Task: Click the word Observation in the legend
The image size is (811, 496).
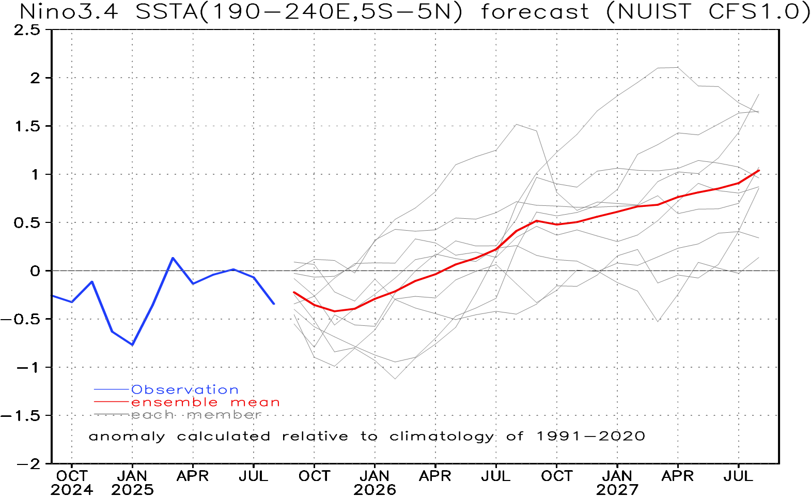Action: pos(185,389)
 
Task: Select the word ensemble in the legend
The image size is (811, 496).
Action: pos(175,402)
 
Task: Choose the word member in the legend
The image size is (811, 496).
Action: pos(224,415)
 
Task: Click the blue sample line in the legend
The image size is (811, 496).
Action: pos(111,389)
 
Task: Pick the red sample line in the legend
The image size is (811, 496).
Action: pos(111,402)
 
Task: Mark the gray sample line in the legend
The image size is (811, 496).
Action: pos(111,415)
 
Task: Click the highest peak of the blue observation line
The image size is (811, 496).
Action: pos(173,258)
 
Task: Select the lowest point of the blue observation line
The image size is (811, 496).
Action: pos(133,344)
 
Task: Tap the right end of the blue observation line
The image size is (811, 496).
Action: pos(274,304)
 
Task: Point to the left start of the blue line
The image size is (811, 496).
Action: pos(53,296)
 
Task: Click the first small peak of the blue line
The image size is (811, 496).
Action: pos(92,281)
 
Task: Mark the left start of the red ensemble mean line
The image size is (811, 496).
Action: pos(293,292)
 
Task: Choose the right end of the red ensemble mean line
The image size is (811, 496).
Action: pos(759,170)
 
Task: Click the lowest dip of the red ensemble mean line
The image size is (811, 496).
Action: pos(335,311)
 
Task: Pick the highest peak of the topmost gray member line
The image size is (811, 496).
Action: pos(667,67)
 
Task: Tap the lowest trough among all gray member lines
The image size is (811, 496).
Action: pos(395,379)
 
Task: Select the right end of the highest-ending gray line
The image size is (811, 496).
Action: pos(759,94)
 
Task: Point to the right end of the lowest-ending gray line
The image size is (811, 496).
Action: pos(759,257)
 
